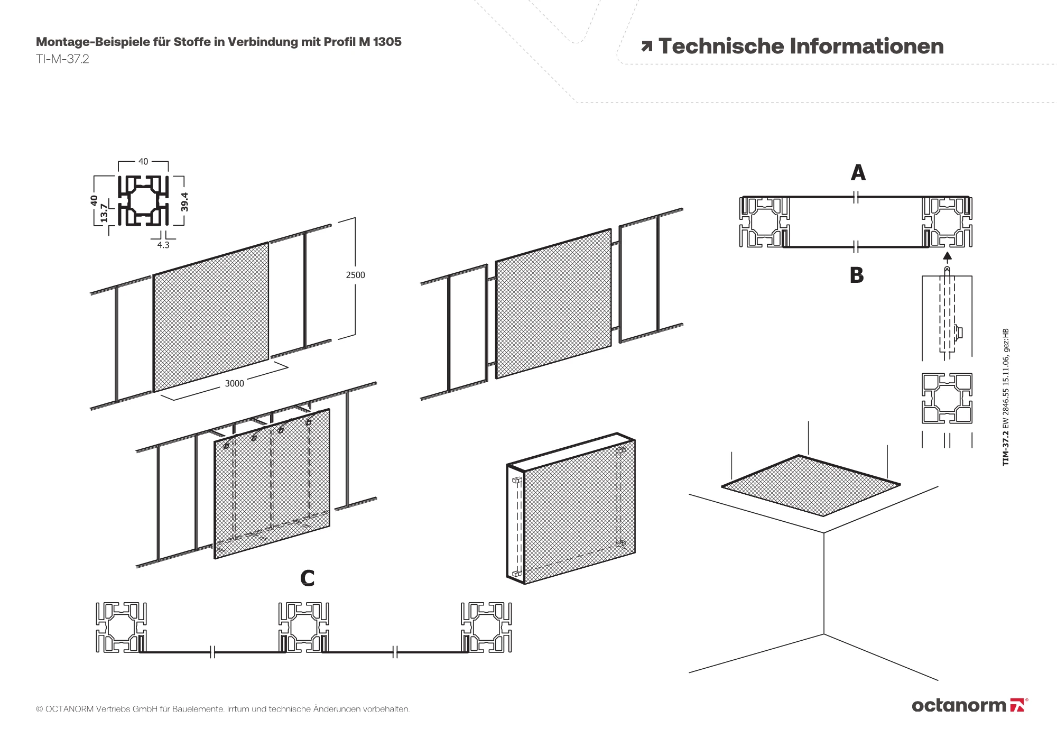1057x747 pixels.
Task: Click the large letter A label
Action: pos(858,173)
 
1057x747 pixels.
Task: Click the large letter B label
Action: pos(857,275)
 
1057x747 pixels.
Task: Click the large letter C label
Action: pos(307,578)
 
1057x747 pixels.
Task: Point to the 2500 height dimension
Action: pos(356,275)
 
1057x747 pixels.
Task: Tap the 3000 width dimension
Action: pos(234,383)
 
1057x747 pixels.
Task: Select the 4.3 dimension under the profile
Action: pos(163,245)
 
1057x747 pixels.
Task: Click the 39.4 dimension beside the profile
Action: pos(185,202)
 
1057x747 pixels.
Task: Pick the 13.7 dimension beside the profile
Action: pos(104,213)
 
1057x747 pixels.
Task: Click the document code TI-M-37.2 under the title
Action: pos(62,59)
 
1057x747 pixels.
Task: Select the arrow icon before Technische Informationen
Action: pos(646,47)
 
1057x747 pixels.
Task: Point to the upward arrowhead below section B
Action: pos(947,257)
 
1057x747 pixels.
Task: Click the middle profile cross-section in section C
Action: pos(303,627)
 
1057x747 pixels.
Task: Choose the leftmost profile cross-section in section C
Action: pos(121,627)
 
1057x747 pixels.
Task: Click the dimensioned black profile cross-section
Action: pos(143,201)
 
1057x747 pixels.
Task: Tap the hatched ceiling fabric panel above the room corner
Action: pos(810,485)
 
